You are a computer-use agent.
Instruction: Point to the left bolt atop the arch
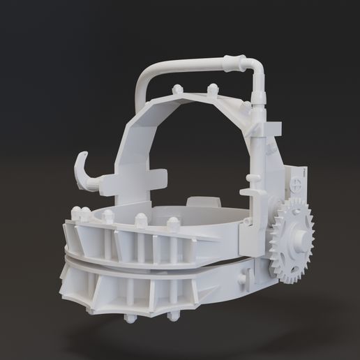point(177,91)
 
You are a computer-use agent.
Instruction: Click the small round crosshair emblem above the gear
point(298,186)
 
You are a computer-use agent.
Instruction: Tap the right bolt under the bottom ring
point(171,318)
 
